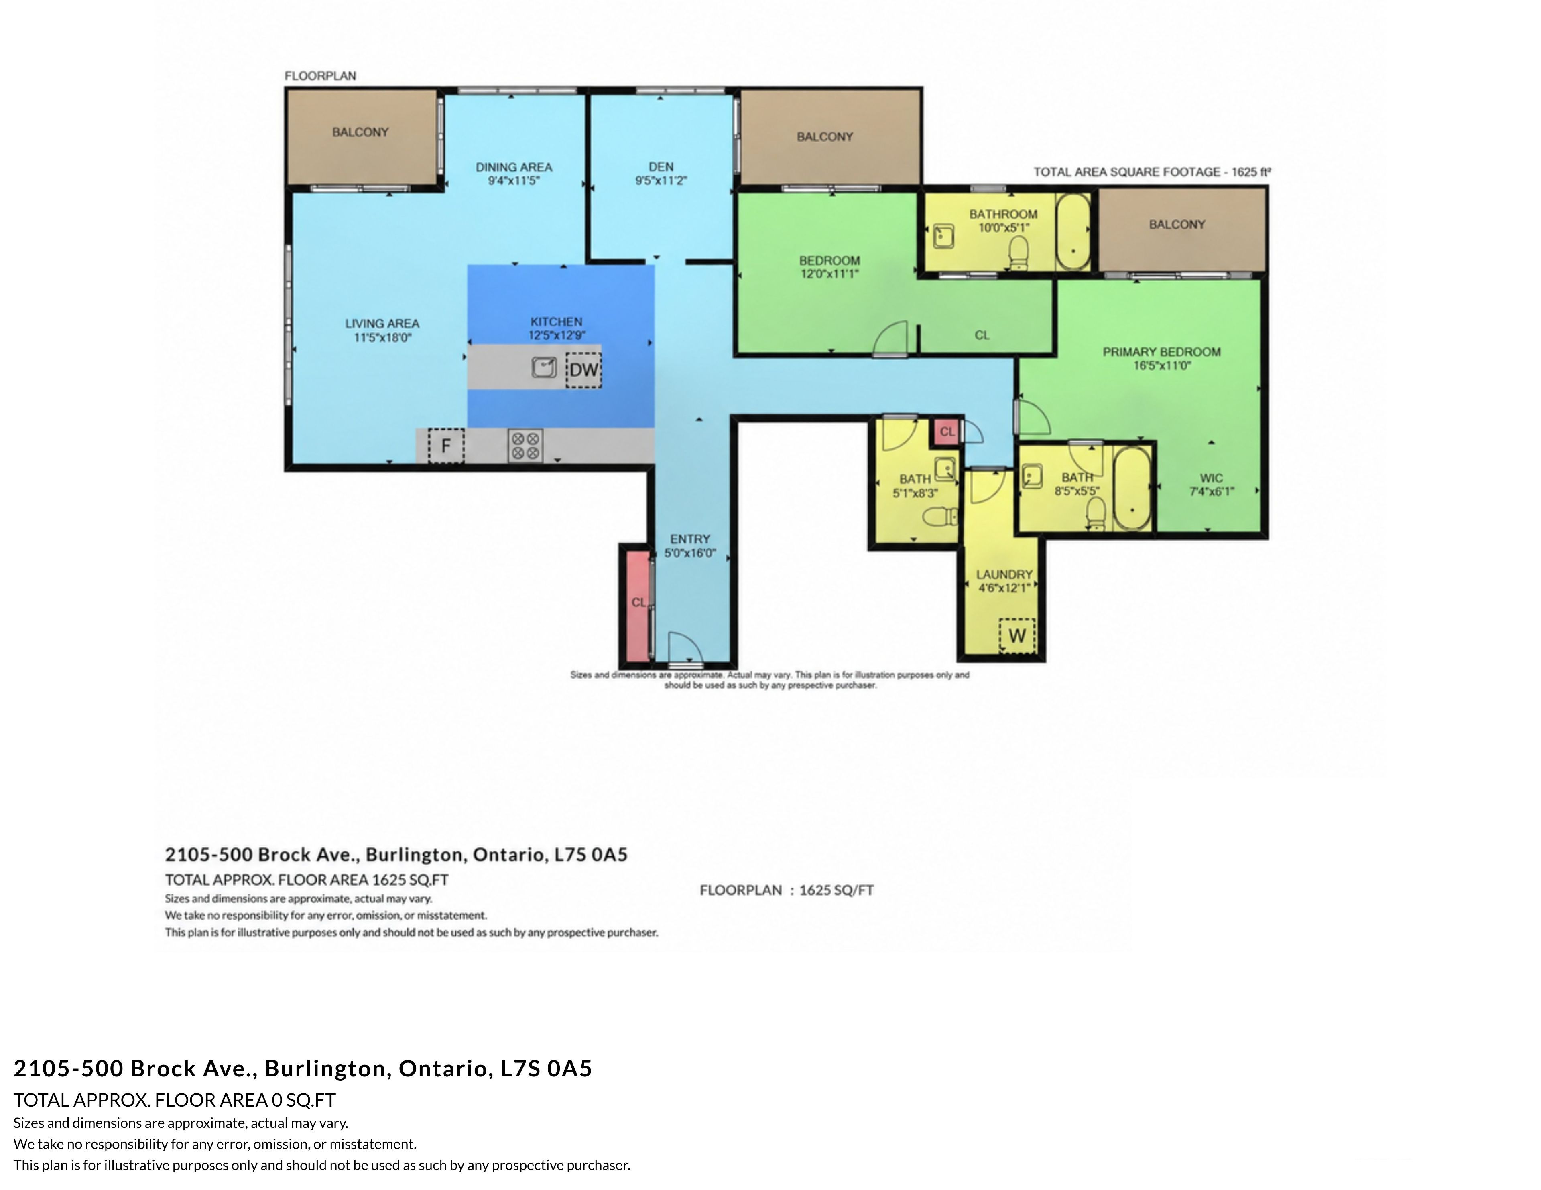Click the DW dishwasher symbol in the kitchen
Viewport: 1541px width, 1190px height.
click(x=583, y=370)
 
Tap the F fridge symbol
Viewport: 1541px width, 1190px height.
click(x=446, y=446)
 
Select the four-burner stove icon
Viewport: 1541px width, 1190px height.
click(x=526, y=446)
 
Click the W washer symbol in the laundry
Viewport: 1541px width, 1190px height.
click(x=1017, y=636)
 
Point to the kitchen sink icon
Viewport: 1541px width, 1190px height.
click(x=544, y=367)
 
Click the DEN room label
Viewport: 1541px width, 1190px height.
click(x=661, y=166)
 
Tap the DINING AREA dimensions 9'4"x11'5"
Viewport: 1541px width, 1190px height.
click(x=514, y=180)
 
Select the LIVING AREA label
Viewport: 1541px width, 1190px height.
click(x=382, y=323)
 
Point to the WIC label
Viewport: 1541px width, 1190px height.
click(x=1212, y=478)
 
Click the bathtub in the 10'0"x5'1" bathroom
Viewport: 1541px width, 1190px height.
click(x=1073, y=232)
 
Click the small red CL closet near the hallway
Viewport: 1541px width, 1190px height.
click(x=947, y=432)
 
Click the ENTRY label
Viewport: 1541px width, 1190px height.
click(x=690, y=539)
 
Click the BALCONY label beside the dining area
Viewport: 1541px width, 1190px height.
click(x=360, y=132)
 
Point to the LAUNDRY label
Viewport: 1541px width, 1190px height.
click(x=1004, y=574)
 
